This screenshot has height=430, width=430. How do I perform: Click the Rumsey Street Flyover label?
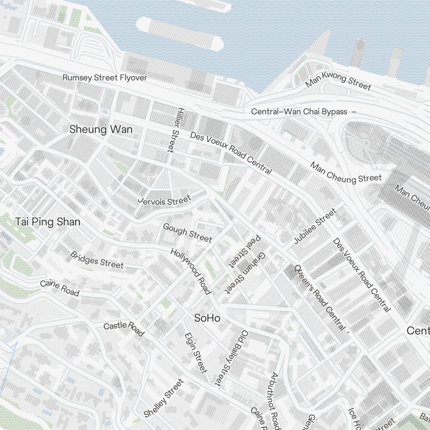[104, 78]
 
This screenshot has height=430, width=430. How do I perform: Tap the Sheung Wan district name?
[101, 129]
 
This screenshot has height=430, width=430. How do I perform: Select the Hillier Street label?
[174, 129]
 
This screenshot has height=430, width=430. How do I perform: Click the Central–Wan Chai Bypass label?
[299, 112]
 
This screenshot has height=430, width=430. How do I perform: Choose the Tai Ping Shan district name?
[48, 222]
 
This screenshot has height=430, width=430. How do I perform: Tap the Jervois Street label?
[164, 201]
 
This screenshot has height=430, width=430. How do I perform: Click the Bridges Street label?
[97, 260]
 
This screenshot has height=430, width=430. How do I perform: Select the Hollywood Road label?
[191, 271]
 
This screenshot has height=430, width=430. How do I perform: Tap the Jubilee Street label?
[315, 226]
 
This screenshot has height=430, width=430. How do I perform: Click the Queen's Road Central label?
[321, 297]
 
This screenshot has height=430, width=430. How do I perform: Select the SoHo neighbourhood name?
[207, 318]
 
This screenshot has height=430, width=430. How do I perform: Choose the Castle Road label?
[124, 328]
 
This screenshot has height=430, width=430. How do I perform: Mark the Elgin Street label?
[196, 353]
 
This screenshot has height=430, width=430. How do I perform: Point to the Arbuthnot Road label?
[275, 398]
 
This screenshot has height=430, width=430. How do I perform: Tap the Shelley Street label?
[164, 398]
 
